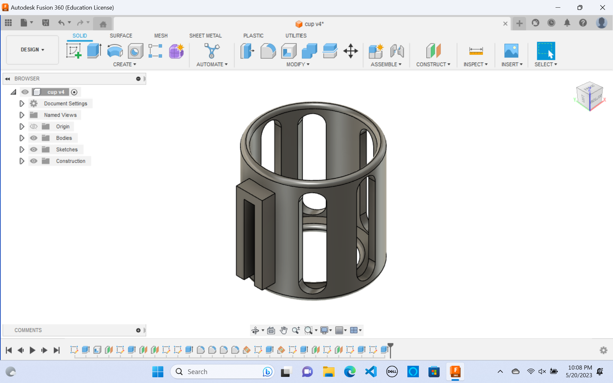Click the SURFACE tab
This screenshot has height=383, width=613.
[x=121, y=35]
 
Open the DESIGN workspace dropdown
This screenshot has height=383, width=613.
[x=32, y=49]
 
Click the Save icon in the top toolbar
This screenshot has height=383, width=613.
[x=46, y=23]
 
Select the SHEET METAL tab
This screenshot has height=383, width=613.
[x=205, y=35]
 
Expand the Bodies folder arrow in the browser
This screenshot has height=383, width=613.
[x=22, y=138]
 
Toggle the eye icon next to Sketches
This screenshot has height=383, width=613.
[x=34, y=149]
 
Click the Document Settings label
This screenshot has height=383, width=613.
[x=65, y=103]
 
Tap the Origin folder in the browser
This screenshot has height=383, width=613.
[x=63, y=126]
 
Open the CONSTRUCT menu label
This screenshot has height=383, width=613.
[x=433, y=64]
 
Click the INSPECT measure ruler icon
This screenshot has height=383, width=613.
[x=476, y=51]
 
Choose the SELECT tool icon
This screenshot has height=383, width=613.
[x=546, y=51]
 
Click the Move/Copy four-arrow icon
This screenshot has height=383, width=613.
[x=350, y=51]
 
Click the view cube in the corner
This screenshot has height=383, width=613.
[x=589, y=96]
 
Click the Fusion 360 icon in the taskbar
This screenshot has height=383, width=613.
[x=455, y=372]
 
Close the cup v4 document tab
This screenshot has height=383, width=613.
[x=505, y=24]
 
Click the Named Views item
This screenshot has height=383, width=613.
[x=60, y=115]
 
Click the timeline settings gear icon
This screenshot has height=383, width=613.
[x=603, y=350]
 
